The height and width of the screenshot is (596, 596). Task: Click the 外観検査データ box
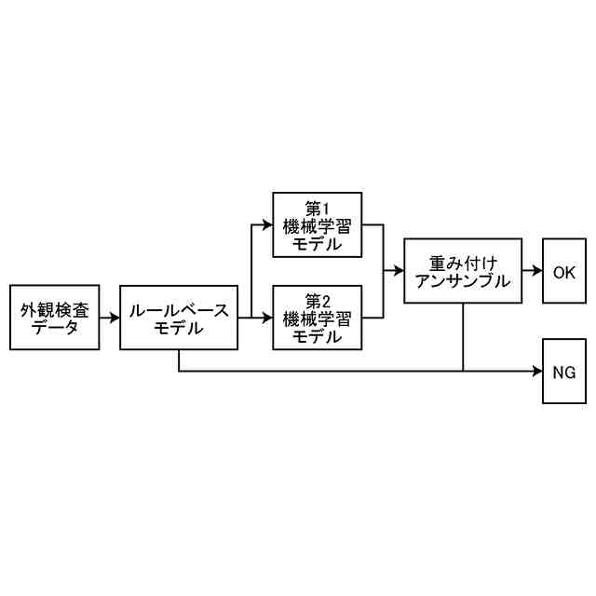[x=55, y=318]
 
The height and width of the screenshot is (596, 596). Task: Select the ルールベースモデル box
[x=179, y=318]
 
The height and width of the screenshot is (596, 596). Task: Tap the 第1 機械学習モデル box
[x=318, y=224]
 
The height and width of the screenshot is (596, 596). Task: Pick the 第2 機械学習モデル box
[x=318, y=318]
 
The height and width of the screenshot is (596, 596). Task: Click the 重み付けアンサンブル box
[x=463, y=271]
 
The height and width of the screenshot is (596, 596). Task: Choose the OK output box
[x=564, y=271]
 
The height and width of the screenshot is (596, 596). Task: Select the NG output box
[x=564, y=371]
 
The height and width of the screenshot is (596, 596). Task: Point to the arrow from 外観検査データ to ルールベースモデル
[x=110, y=318]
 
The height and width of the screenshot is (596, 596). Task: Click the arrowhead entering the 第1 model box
[x=267, y=224]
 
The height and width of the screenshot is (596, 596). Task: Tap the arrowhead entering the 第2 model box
[x=267, y=318]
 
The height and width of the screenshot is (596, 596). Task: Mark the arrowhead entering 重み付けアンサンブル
[x=400, y=271]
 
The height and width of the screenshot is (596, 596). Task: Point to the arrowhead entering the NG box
[x=537, y=371]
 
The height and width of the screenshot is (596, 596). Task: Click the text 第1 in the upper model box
[x=318, y=208]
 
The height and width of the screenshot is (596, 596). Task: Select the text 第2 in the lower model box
[x=318, y=301]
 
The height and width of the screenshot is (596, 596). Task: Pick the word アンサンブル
[x=463, y=280]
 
